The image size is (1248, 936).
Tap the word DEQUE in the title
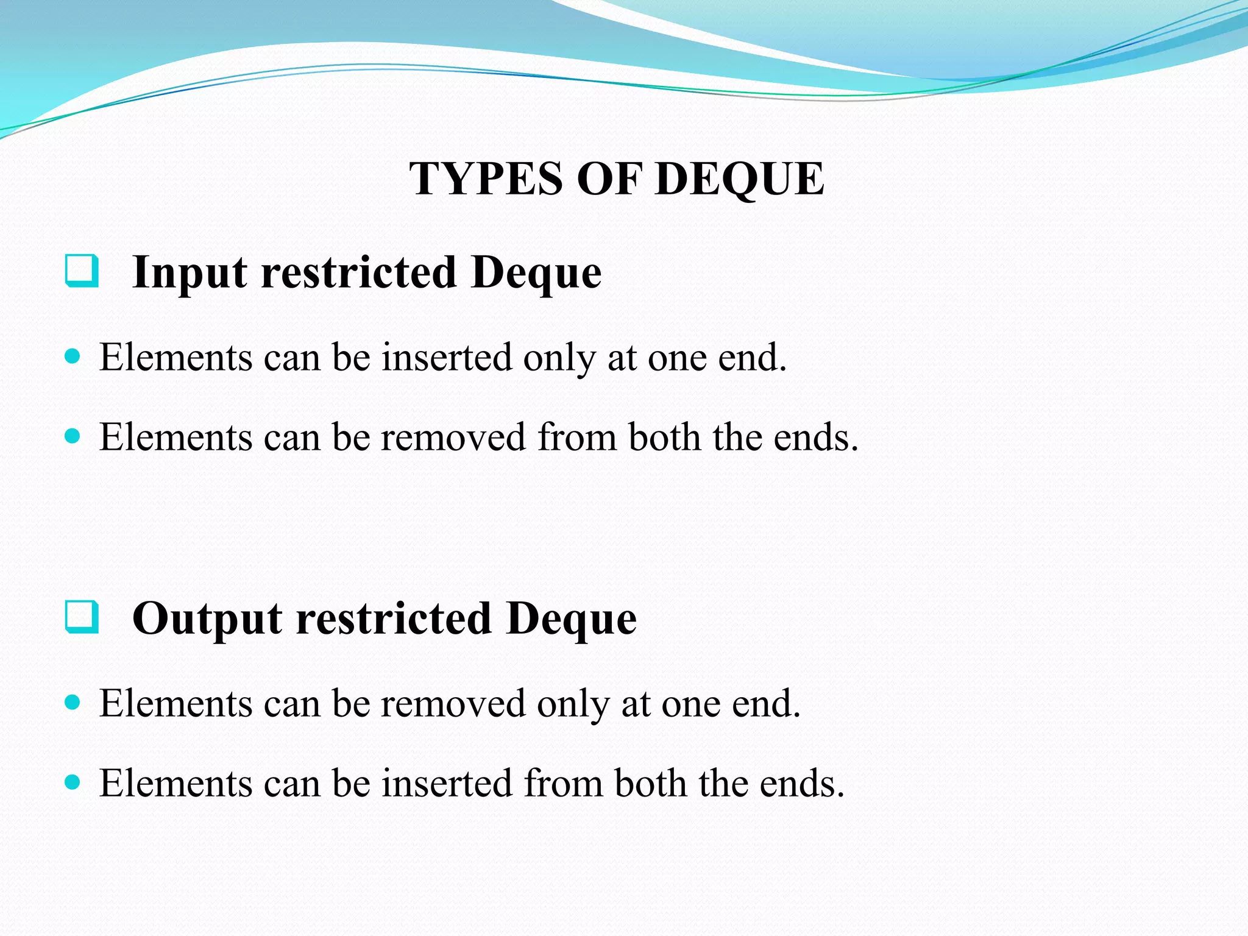pyautogui.click(x=740, y=179)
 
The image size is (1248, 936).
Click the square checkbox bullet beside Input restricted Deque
pyautogui.click(x=82, y=271)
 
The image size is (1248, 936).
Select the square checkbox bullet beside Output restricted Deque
pyautogui.click(x=82, y=617)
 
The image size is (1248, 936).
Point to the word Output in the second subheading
pyautogui.click(x=207, y=619)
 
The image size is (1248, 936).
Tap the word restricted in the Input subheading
pyautogui.click(x=359, y=272)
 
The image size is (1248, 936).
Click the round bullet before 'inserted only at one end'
pyautogui.click(x=73, y=356)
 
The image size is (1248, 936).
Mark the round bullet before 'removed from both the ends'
pyautogui.click(x=73, y=436)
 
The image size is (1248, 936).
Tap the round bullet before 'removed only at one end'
pyautogui.click(x=73, y=703)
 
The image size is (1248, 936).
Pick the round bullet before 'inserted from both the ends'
pyautogui.click(x=73, y=782)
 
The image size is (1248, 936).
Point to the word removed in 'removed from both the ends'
pyautogui.click(x=453, y=437)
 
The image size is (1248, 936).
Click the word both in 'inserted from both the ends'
pyautogui.click(x=650, y=783)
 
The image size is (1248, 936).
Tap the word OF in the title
pyautogui.click(x=609, y=179)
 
